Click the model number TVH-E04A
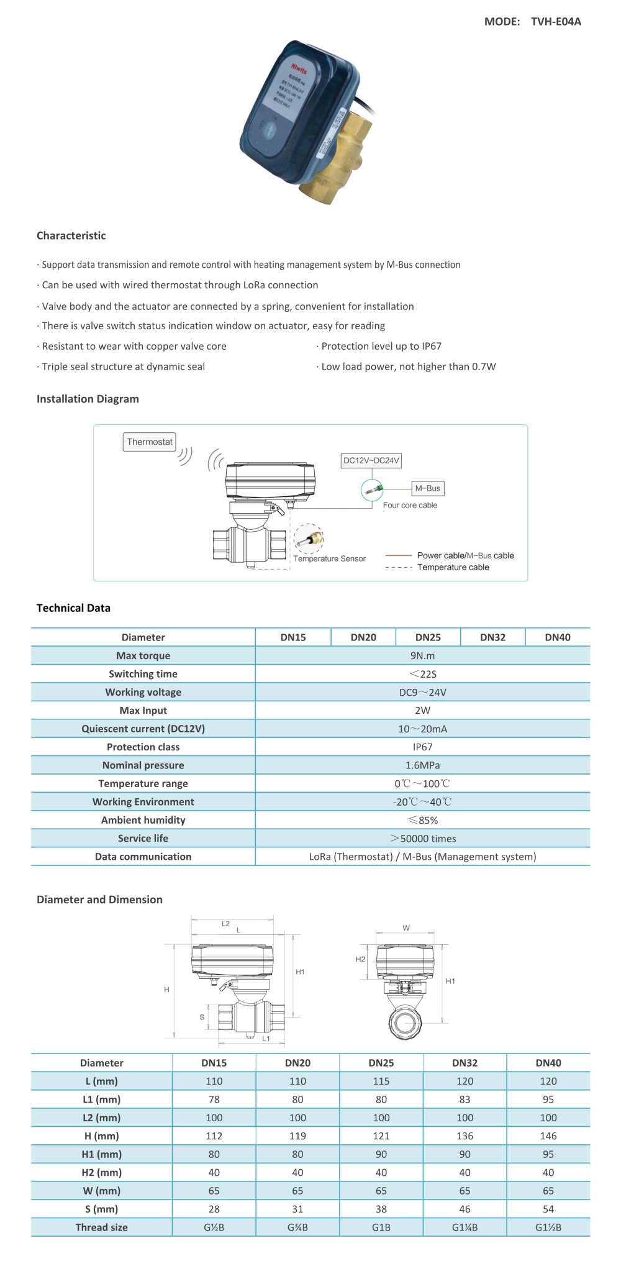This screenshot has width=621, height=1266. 556,22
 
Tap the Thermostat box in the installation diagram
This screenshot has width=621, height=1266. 149,442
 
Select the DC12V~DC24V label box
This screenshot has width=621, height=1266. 371,460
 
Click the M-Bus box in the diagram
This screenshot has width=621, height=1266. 427,488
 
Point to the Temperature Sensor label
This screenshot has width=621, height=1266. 329,558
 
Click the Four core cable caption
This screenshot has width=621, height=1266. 410,505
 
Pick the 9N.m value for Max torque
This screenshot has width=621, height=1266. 422,655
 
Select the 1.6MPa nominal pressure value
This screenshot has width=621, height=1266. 422,765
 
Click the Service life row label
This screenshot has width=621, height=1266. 143,838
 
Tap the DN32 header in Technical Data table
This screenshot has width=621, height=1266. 492,637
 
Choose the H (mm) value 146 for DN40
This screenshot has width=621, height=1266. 548,1136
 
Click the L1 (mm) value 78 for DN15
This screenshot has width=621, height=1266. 214,1099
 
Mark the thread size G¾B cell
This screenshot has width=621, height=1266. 297,1227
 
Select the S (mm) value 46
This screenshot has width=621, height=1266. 465,1209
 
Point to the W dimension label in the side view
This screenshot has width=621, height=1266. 406,928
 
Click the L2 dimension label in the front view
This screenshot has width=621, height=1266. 225,924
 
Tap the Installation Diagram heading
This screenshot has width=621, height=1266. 88,399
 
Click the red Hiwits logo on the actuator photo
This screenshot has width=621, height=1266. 299,68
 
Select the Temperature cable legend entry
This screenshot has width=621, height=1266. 453,567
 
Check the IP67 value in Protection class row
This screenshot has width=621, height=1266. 422,747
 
